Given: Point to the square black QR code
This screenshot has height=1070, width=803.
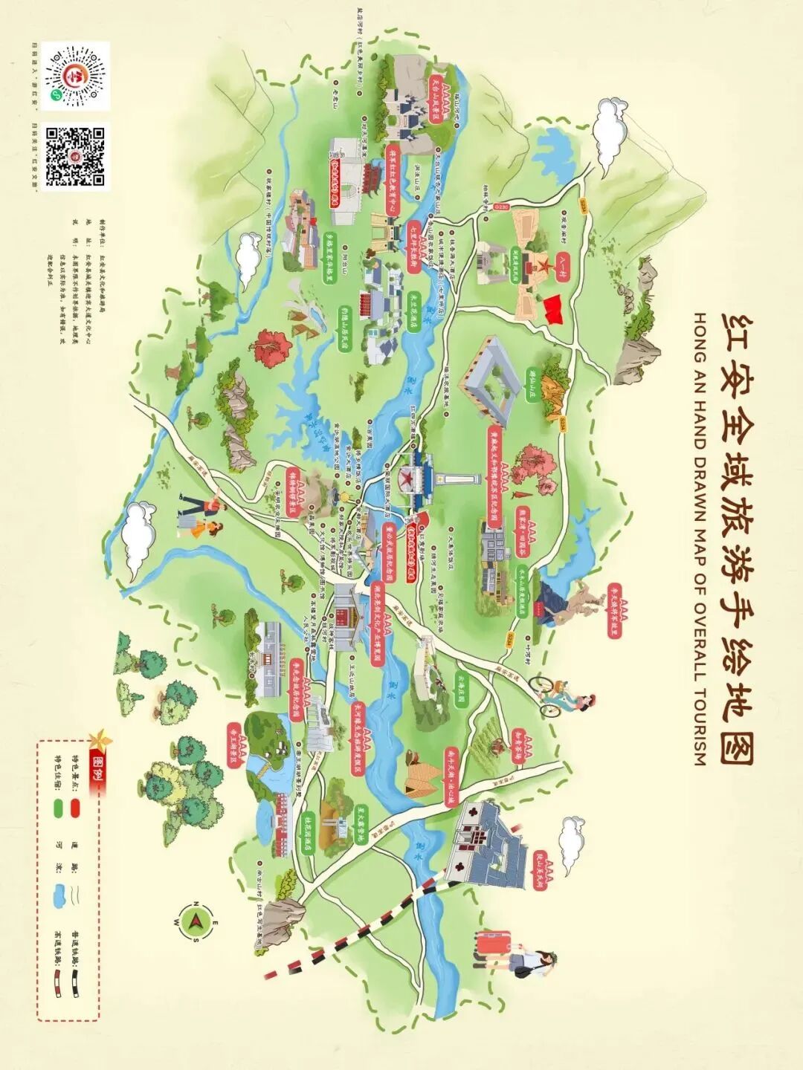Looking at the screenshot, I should (x=75, y=156).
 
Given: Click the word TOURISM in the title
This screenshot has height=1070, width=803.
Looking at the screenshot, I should (x=698, y=733).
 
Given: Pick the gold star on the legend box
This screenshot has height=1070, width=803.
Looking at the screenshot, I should (x=96, y=739).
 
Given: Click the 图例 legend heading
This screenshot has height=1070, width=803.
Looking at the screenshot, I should (x=96, y=774).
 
